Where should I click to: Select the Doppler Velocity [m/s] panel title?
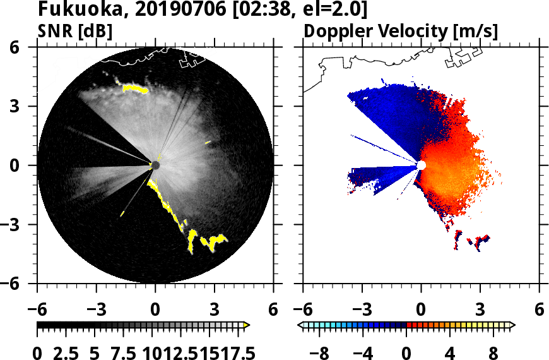point(401,31)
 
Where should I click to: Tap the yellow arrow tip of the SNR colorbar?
point(247,325)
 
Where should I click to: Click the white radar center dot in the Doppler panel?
point(422,165)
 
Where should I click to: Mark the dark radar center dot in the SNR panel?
point(155,165)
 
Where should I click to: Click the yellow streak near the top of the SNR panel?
point(135,88)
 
